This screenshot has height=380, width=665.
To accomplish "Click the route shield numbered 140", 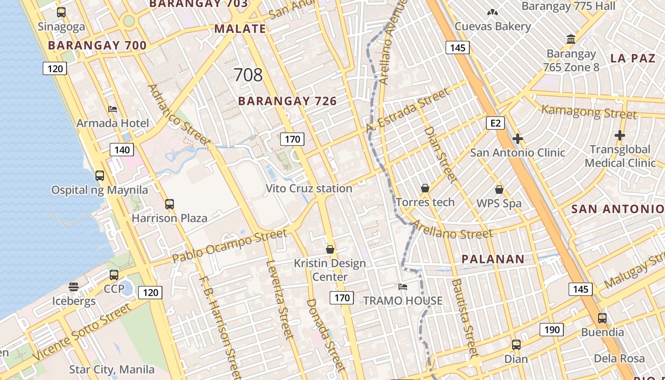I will click(122, 150).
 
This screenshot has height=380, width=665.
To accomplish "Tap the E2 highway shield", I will click(495, 123).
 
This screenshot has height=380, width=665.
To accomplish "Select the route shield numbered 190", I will click(551, 330).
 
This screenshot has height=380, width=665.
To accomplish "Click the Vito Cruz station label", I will click(309, 189).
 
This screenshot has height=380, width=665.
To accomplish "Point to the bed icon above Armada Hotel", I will click(113, 109).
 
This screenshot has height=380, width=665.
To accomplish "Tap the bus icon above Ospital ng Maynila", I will click(100, 176).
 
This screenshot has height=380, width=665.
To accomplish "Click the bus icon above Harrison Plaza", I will click(170, 204).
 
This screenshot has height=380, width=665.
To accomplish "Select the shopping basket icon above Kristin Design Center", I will click(330, 249).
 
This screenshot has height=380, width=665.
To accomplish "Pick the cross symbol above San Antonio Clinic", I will click(518, 139).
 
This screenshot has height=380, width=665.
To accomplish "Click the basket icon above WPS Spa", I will click(499, 190).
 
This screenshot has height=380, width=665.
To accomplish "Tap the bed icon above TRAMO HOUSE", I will click(403, 286).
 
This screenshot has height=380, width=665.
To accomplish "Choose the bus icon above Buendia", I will click(602, 318).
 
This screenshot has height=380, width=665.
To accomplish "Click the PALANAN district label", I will click(494, 259).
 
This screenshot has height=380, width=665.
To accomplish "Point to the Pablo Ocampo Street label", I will click(230, 246).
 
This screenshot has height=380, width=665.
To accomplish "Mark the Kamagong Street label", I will click(589, 112).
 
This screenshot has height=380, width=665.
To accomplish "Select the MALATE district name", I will click(240, 28).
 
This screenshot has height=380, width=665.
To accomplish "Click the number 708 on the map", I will click(248, 75).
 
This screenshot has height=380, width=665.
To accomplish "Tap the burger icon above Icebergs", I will click(73, 286).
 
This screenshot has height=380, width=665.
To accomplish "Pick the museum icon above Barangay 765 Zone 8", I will click(571, 39).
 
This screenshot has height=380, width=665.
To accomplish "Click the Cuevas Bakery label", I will click(493, 26).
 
